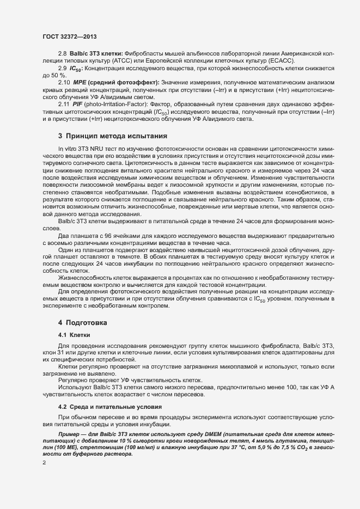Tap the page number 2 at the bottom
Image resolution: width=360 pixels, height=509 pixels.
[x=44, y=463]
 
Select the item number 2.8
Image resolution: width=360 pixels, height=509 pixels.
[x=62, y=53]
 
